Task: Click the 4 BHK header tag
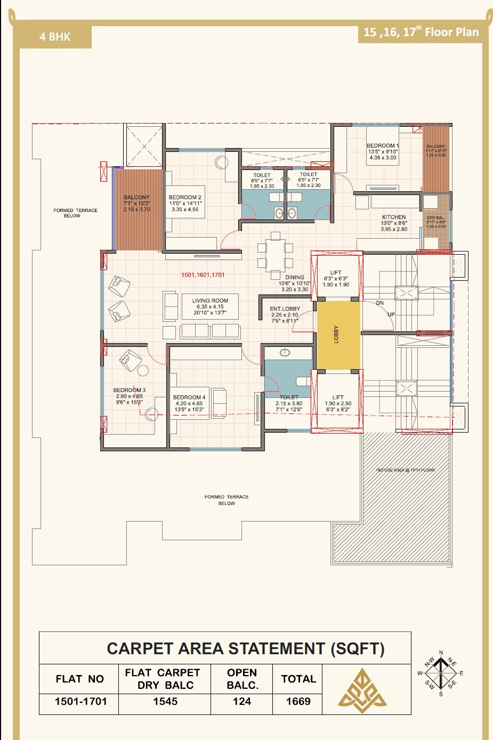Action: click(x=55, y=37)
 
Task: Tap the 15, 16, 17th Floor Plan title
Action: click(x=421, y=32)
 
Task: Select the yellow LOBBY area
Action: click(x=339, y=335)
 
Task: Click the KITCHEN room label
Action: click(x=394, y=217)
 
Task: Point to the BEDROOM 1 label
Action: click(x=382, y=146)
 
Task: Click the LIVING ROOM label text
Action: click(x=210, y=301)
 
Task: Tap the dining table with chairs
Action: click(x=276, y=255)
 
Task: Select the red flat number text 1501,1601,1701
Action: click(x=203, y=275)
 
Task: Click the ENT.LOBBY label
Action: click(x=285, y=309)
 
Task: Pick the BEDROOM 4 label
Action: click(x=189, y=397)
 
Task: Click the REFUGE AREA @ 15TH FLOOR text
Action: click(x=406, y=470)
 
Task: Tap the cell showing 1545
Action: click(x=165, y=702)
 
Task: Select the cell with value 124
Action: click(x=241, y=702)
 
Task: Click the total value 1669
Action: click(x=298, y=702)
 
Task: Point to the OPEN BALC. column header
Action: click(x=242, y=679)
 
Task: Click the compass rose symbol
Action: click(x=441, y=673)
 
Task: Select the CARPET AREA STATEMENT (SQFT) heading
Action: click(x=245, y=648)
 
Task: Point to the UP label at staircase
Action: click(x=391, y=315)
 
